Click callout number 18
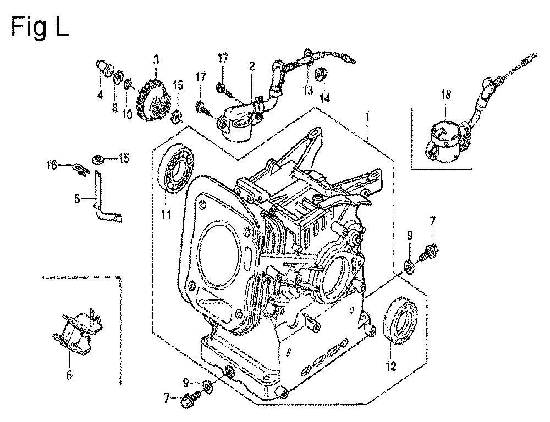[446, 95]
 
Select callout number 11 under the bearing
[166, 214]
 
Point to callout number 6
[69, 375]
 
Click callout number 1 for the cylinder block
[367, 116]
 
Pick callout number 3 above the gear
[156, 60]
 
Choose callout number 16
[52, 165]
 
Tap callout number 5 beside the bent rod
[77, 199]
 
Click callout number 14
[325, 98]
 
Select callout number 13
[307, 91]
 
